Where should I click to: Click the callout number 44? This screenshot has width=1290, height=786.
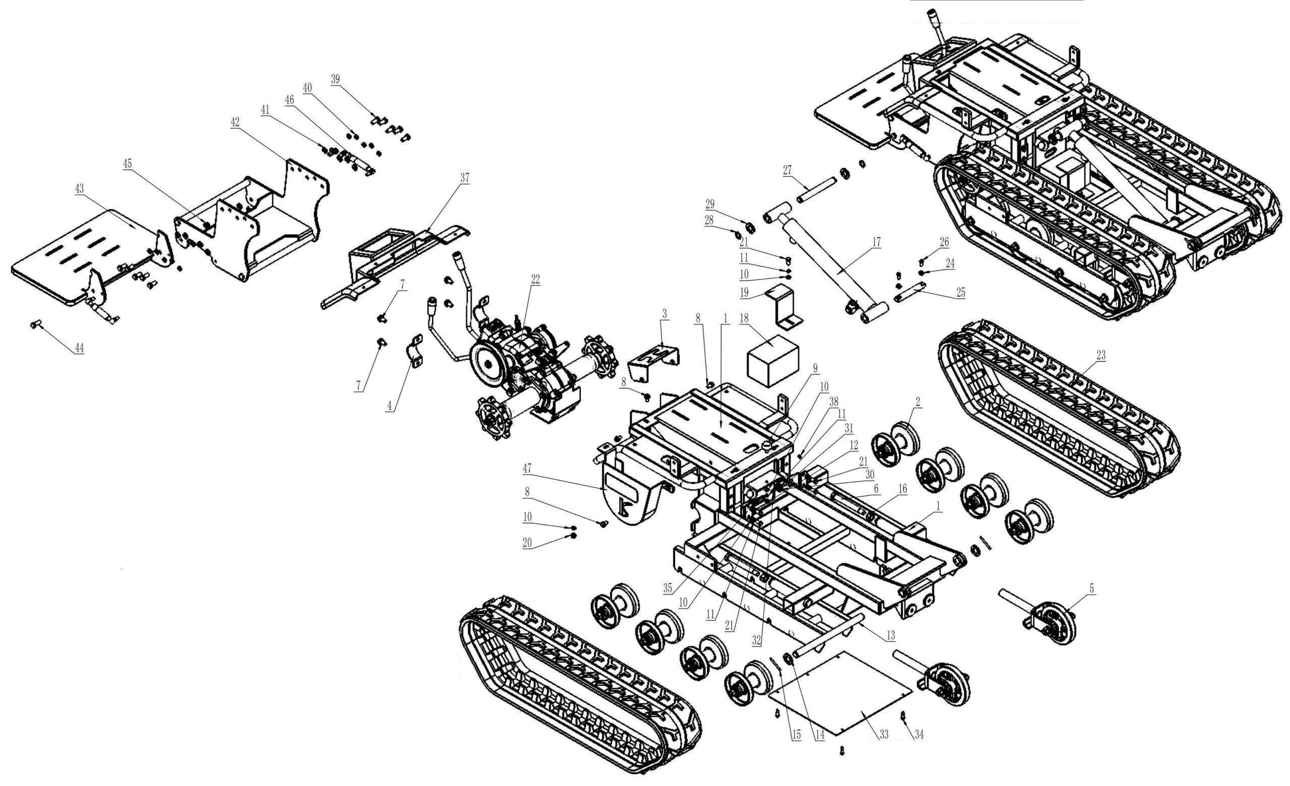point(79,349)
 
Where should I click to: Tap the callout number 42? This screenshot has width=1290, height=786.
point(235,122)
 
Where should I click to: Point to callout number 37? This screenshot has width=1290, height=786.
point(465,178)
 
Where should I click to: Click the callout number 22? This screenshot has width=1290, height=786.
point(535,280)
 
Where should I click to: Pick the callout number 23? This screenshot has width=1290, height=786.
point(1101,355)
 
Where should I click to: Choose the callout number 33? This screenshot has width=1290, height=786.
point(884,735)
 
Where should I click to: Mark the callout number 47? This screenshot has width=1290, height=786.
point(527,469)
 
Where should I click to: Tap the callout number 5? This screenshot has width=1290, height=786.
point(1091,588)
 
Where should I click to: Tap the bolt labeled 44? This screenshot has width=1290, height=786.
point(35,325)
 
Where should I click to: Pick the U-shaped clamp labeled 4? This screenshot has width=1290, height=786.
point(415,352)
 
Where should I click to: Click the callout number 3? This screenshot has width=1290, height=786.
point(664,314)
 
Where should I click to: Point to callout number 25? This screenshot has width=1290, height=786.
point(960,293)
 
